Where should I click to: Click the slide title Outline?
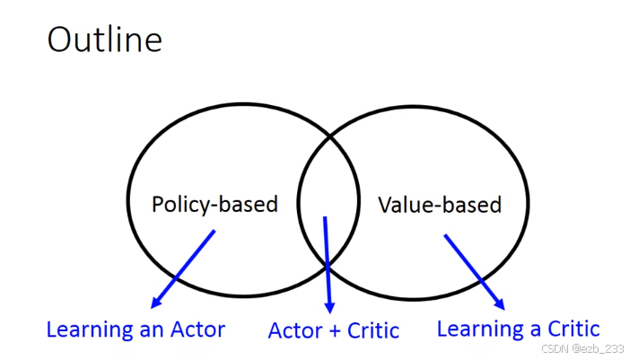point(105,40)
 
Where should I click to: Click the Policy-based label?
point(214,205)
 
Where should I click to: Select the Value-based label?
point(439,205)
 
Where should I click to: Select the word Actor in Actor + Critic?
point(296,331)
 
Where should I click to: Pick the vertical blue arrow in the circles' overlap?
point(328,260)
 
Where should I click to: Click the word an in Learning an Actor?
point(148,329)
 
